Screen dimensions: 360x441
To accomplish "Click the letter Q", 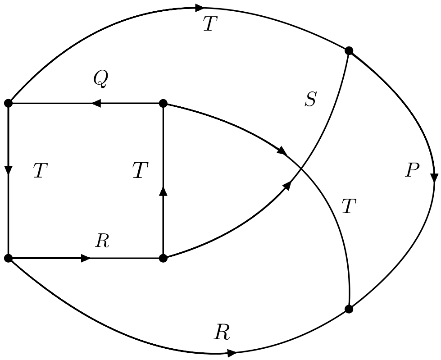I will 100,79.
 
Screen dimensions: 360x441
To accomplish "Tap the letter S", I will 310,100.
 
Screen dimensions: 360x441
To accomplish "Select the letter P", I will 412,171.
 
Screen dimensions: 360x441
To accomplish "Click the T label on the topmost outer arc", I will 210,24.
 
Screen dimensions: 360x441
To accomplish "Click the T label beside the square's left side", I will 41,171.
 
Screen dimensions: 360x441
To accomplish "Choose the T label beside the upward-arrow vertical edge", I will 140,171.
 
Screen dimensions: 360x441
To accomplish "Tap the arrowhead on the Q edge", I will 95,104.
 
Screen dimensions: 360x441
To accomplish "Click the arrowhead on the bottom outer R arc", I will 232,353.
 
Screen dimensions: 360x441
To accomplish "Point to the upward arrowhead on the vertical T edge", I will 164,191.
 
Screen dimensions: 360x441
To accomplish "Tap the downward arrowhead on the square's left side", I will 8,170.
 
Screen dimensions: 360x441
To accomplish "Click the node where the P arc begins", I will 349,50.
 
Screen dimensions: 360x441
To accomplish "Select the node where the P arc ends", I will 349,309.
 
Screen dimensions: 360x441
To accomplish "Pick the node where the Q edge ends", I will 8,104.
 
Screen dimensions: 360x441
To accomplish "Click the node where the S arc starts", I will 164,258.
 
